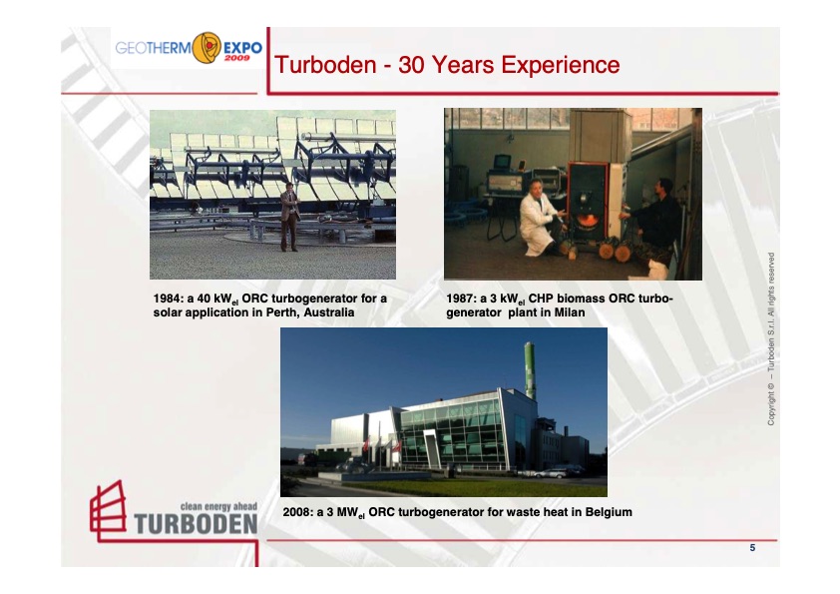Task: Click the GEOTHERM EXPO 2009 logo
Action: (188, 49)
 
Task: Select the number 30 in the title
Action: (411, 66)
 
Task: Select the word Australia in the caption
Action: (326, 313)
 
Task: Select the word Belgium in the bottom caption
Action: (605, 512)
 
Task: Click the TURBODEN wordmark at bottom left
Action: (196, 524)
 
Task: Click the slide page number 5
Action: (752, 548)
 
